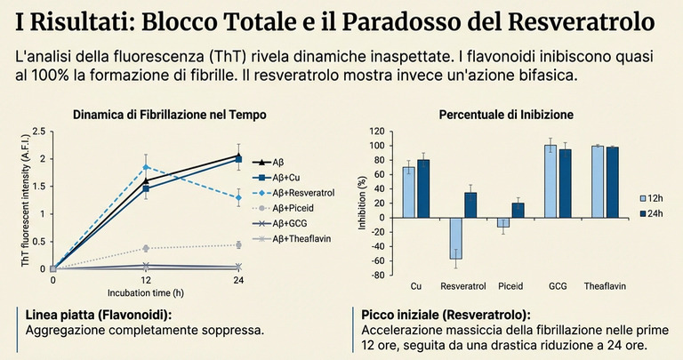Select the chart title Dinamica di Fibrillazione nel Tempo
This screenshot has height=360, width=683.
(x=169, y=115)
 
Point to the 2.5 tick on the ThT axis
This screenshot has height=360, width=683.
(x=37, y=132)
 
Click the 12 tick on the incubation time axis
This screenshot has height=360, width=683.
(x=146, y=280)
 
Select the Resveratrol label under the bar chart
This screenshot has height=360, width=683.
(x=462, y=286)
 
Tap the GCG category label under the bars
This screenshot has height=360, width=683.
(x=558, y=286)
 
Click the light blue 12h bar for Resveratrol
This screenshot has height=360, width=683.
(x=455, y=239)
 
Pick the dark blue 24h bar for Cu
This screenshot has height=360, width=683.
(x=422, y=188)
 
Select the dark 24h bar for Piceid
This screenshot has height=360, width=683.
(x=518, y=210)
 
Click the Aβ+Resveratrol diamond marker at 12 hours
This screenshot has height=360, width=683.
(x=146, y=166)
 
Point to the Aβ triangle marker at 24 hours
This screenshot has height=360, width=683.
(x=238, y=155)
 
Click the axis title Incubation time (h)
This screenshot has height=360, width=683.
(x=145, y=292)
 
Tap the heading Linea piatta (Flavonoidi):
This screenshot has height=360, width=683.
(x=93, y=316)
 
